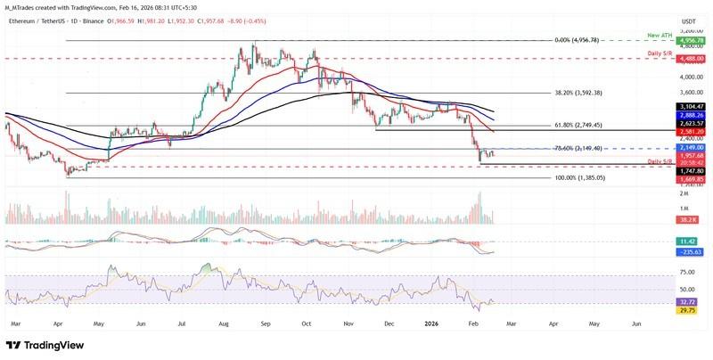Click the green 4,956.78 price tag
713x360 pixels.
[693, 40]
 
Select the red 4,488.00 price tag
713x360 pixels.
[693, 58]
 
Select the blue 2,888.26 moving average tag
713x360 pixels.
[693, 116]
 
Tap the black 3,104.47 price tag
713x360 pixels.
[693, 107]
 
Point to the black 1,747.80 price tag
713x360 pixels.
[693, 170]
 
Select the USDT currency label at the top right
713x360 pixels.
[688, 20]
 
